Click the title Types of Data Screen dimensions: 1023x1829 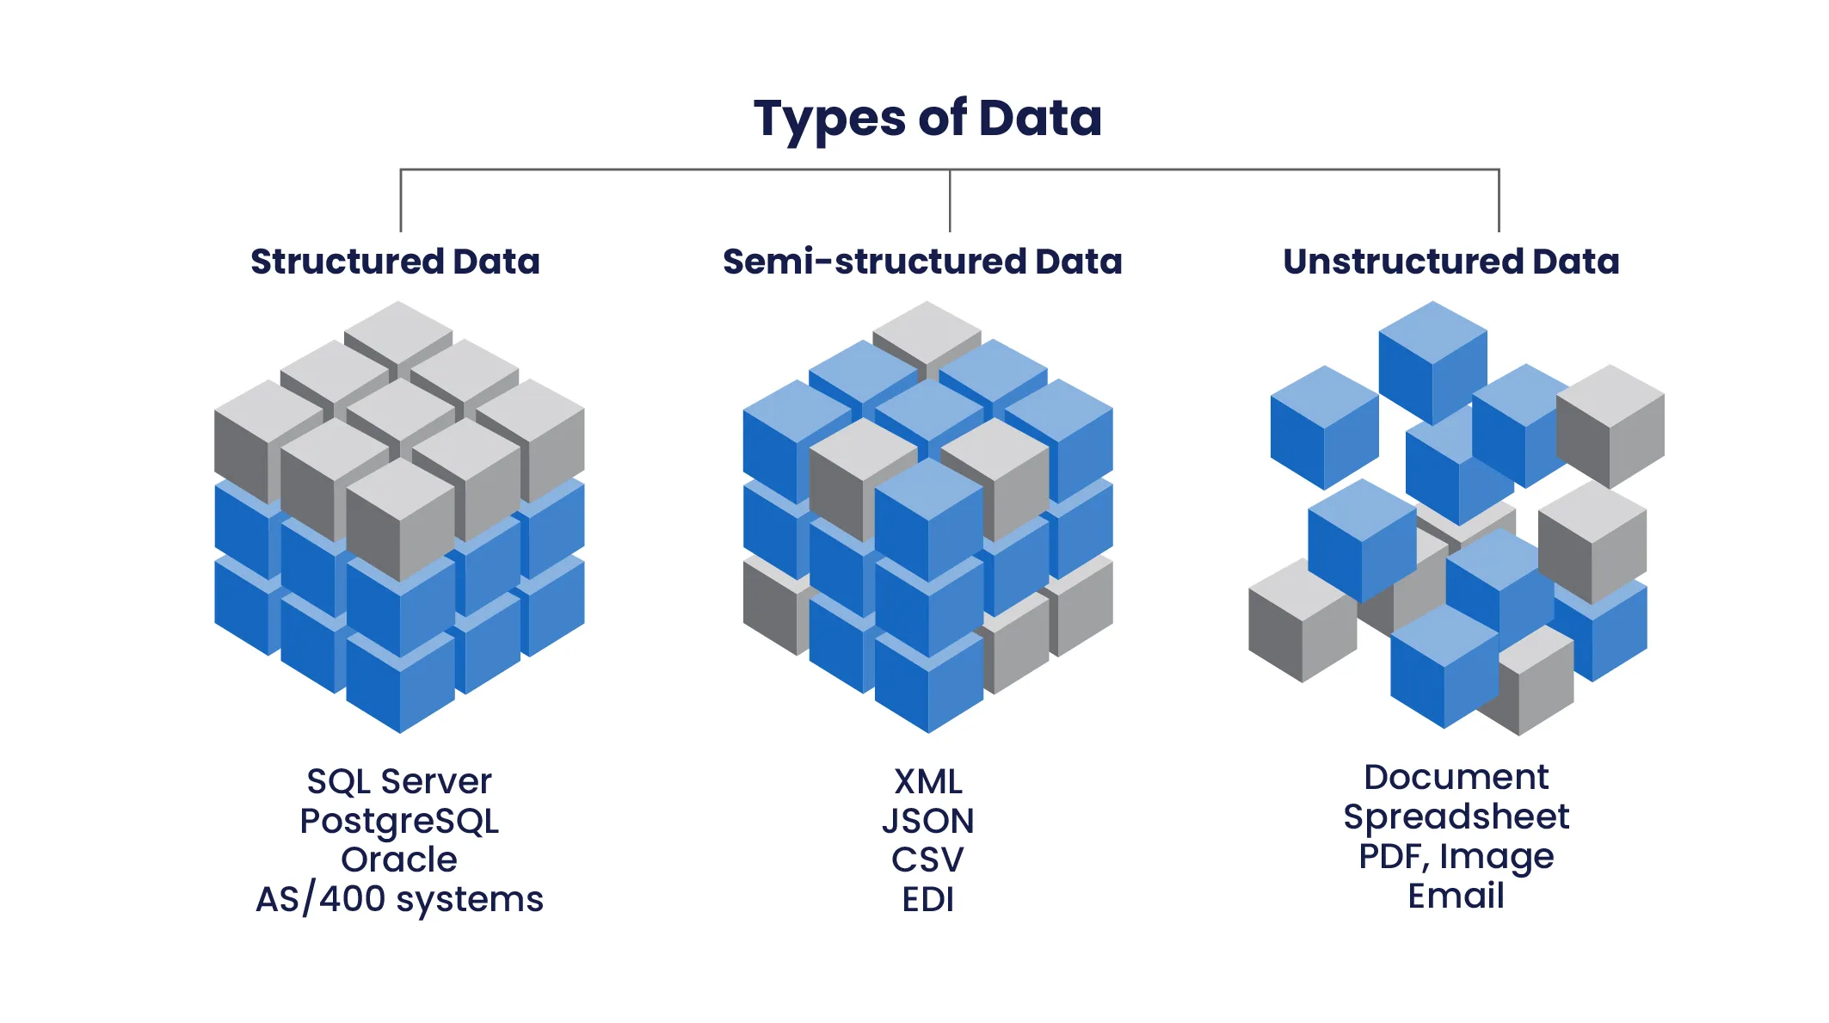927,119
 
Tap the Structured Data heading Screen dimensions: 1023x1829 395,262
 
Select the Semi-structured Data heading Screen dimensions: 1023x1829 922,262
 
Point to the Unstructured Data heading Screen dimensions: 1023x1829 1450,262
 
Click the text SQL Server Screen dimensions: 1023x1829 399,781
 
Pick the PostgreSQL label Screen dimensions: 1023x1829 399,821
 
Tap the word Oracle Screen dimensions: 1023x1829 399,860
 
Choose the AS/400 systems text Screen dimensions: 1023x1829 399,899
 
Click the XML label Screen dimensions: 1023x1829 927,781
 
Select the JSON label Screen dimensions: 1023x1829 927,821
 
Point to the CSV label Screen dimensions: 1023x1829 927,860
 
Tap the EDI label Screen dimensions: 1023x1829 927,899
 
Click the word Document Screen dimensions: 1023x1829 1456,777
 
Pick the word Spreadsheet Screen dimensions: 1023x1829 1456,817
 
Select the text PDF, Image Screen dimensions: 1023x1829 1456,856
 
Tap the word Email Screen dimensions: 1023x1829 1456,896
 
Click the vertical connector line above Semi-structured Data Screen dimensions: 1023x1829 950,200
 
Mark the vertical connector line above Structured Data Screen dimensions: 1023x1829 401,200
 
